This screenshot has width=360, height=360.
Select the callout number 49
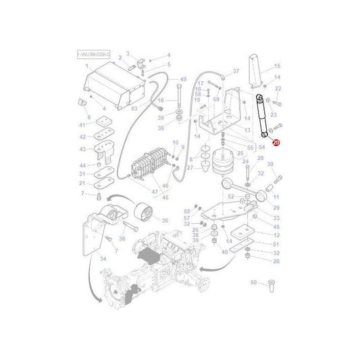point(182,80)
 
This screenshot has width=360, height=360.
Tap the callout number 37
point(236,71)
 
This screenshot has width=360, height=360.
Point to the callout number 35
point(165,220)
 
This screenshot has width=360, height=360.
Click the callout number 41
point(82,126)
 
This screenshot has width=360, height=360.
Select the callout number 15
point(276,66)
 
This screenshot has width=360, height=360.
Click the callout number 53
point(134,108)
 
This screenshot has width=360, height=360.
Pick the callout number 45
point(165,198)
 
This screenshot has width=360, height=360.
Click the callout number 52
point(230,197)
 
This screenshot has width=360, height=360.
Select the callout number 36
point(122,238)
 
